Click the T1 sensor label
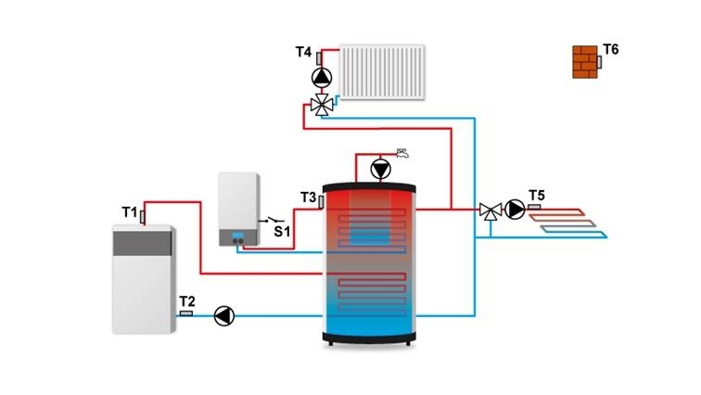[x=129, y=212]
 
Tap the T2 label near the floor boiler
[x=187, y=301]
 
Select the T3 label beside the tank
[x=308, y=197]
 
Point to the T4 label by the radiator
[x=303, y=52]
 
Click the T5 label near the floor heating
[x=537, y=196]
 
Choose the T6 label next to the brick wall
[x=610, y=49]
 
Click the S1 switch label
[x=282, y=232]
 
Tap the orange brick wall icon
[x=585, y=62]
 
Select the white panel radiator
[x=382, y=72]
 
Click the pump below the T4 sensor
[x=322, y=78]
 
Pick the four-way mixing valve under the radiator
[x=322, y=106]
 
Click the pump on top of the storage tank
[x=380, y=170]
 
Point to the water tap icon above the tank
[x=402, y=153]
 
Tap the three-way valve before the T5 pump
[x=491, y=210]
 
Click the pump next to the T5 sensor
[x=515, y=210]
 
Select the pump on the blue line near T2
[x=224, y=316]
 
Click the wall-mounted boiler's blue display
[x=237, y=235]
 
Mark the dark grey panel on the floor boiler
[x=142, y=244]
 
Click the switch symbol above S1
[x=272, y=220]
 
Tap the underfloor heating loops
[x=567, y=223]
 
